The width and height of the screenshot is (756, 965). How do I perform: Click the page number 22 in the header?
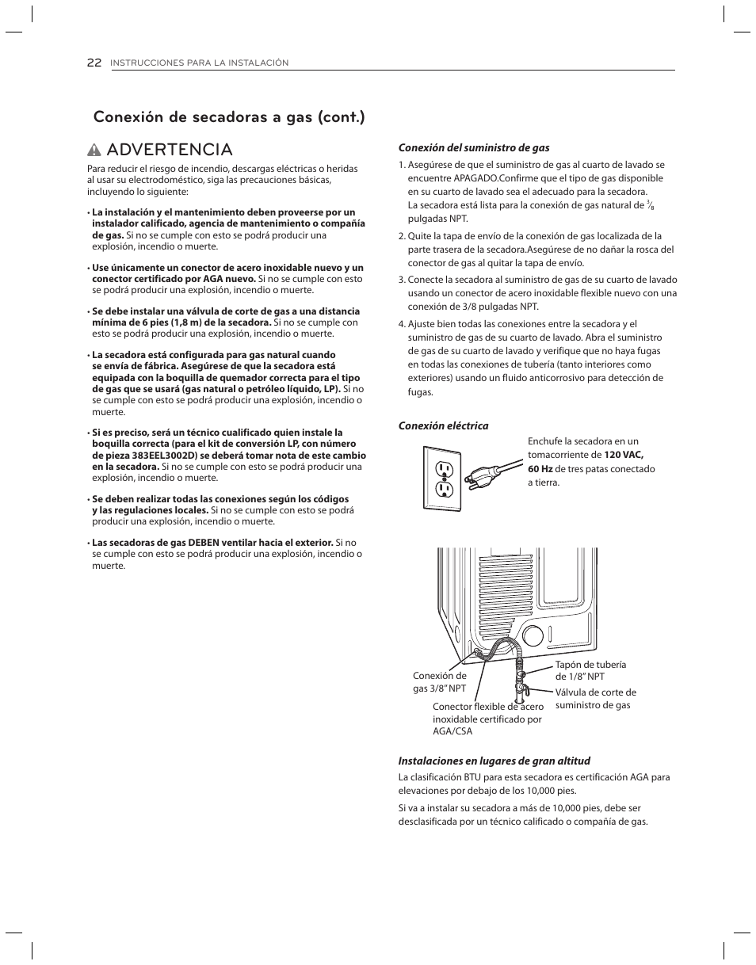94,63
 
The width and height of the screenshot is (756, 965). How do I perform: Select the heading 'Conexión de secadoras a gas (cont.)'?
229,117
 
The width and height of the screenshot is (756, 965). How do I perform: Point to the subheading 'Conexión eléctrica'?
443,425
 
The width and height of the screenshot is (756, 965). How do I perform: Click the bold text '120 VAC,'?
623,456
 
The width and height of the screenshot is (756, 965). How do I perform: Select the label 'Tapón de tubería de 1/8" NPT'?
590,670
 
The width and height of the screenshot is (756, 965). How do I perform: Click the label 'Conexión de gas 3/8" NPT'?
439,681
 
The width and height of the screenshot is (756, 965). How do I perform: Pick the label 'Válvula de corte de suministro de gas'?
595,698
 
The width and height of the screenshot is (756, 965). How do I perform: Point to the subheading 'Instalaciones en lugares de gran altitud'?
494,761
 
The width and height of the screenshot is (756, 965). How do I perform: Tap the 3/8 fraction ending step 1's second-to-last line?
650,205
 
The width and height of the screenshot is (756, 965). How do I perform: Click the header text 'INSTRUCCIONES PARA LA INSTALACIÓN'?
199,63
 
